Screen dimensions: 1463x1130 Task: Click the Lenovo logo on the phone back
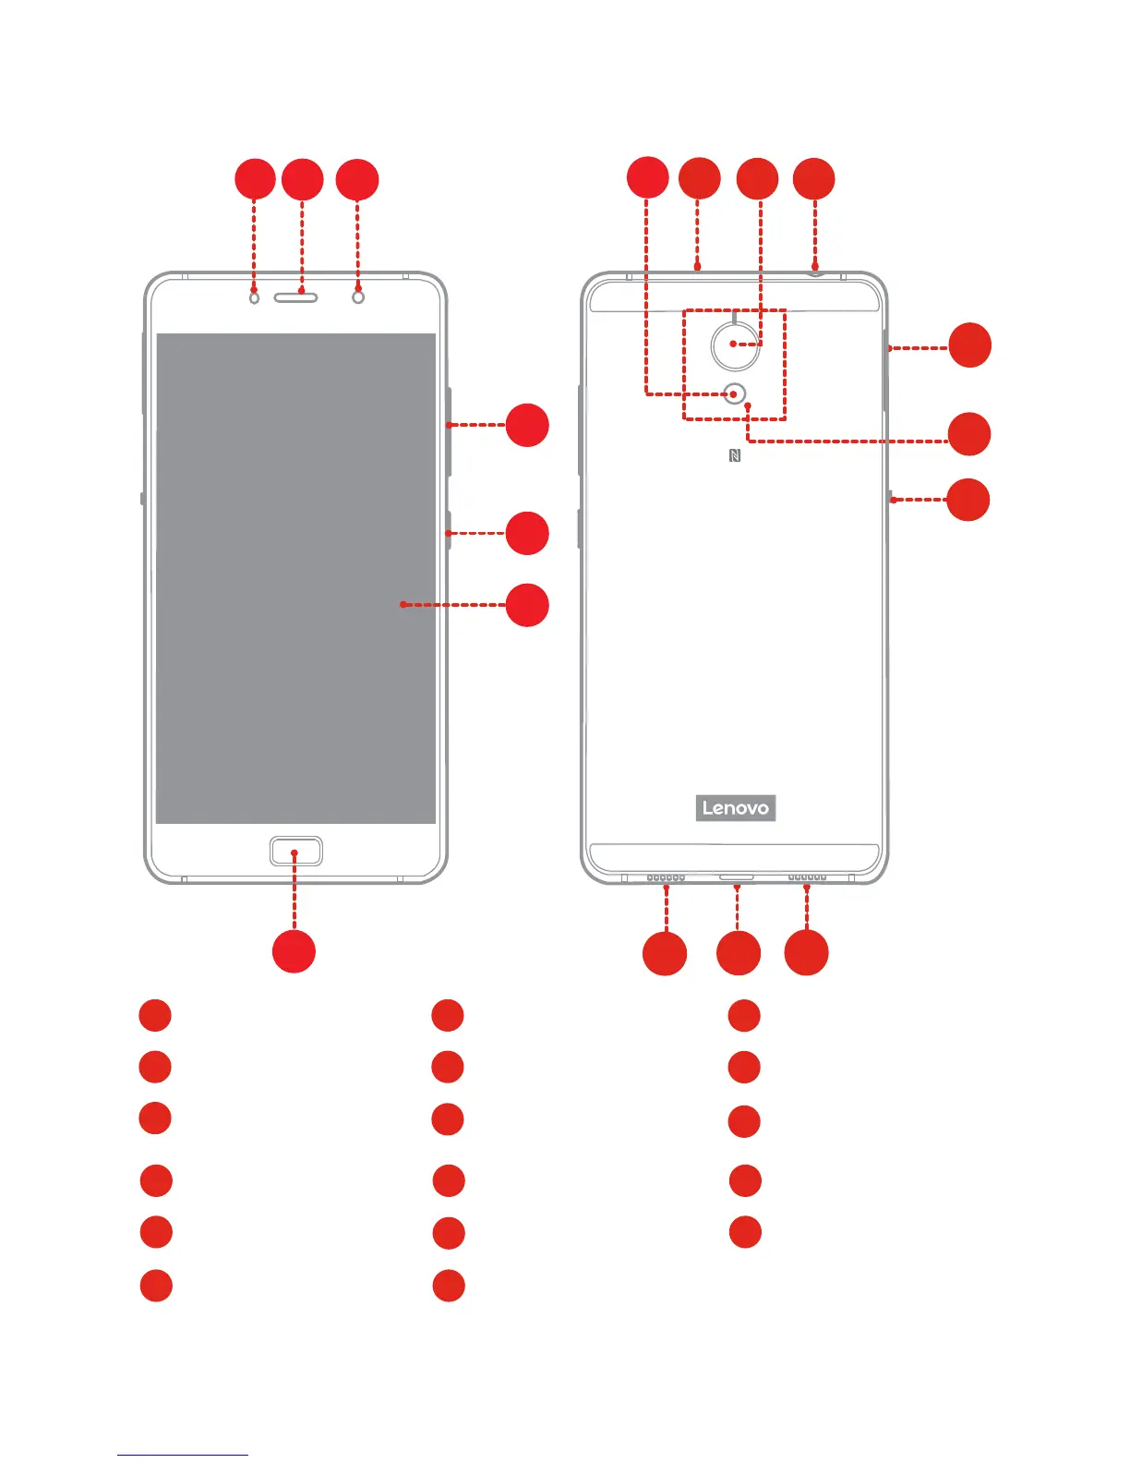click(x=735, y=808)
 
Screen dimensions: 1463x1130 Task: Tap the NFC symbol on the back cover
click(x=735, y=455)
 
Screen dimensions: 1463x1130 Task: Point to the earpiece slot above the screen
click(x=295, y=297)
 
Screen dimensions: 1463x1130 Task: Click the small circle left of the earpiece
click(x=254, y=297)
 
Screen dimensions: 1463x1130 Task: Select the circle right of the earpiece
click(x=358, y=297)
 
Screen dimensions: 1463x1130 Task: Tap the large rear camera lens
click(x=735, y=344)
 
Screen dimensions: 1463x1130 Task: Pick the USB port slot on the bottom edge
click(x=736, y=877)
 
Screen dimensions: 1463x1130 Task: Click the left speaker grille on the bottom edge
click(x=666, y=878)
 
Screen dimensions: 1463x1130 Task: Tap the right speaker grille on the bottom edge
click(x=807, y=878)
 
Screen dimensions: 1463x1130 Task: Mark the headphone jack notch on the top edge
click(x=815, y=271)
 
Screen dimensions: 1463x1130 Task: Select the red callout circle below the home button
click(x=295, y=952)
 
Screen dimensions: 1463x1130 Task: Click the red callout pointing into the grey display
click(x=527, y=605)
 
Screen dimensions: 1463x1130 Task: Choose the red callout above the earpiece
click(x=302, y=179)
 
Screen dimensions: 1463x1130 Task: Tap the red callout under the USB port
click(x=739, y=953)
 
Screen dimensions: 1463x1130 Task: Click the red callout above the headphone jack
click(x=814, y=179)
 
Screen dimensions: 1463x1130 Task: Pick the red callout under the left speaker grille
click(x=665, y=953)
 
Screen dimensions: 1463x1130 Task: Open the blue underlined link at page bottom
click(x=183, y=1454)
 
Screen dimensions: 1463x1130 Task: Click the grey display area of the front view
click(x=295, y=577)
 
